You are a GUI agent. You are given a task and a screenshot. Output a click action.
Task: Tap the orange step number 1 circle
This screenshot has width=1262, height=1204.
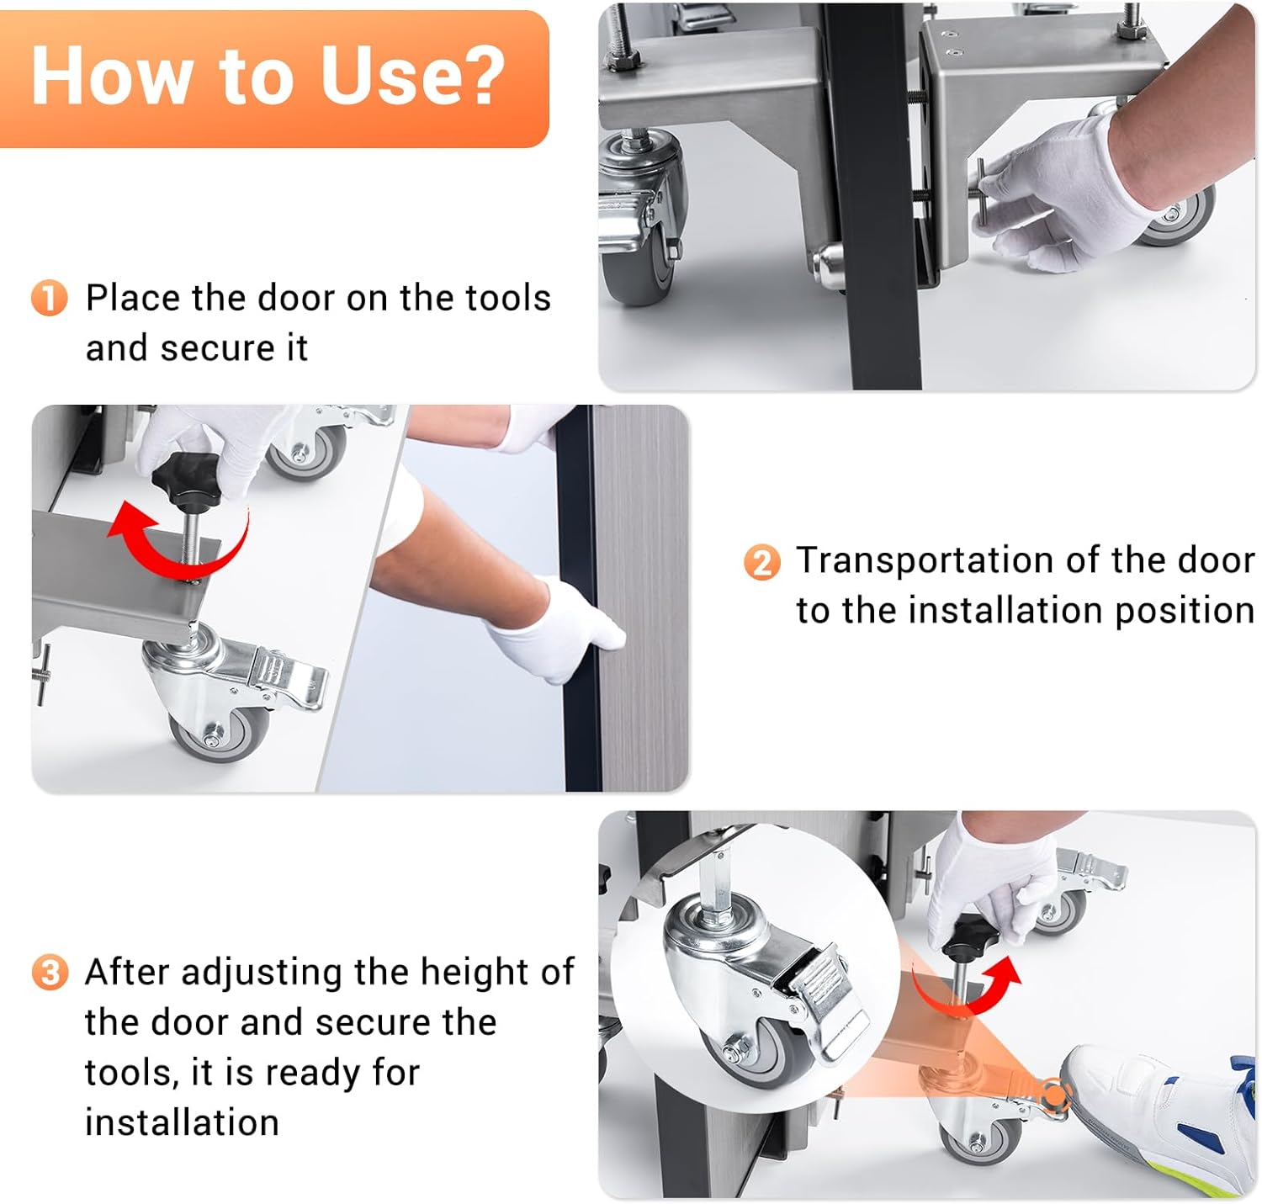[x=50, y=298]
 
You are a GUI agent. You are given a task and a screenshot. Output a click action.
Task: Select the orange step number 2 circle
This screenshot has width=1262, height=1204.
[x=762, y=562]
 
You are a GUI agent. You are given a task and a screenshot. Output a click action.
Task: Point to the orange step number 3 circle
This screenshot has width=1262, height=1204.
[x=50, y=972]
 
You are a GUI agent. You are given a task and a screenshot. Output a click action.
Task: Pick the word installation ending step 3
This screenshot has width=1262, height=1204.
[x=182, y=1122]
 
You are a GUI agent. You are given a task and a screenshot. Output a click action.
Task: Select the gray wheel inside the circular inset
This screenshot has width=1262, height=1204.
[x=751, y=1053]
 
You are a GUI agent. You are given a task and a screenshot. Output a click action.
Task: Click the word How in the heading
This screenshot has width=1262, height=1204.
[x=110, y=76]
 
